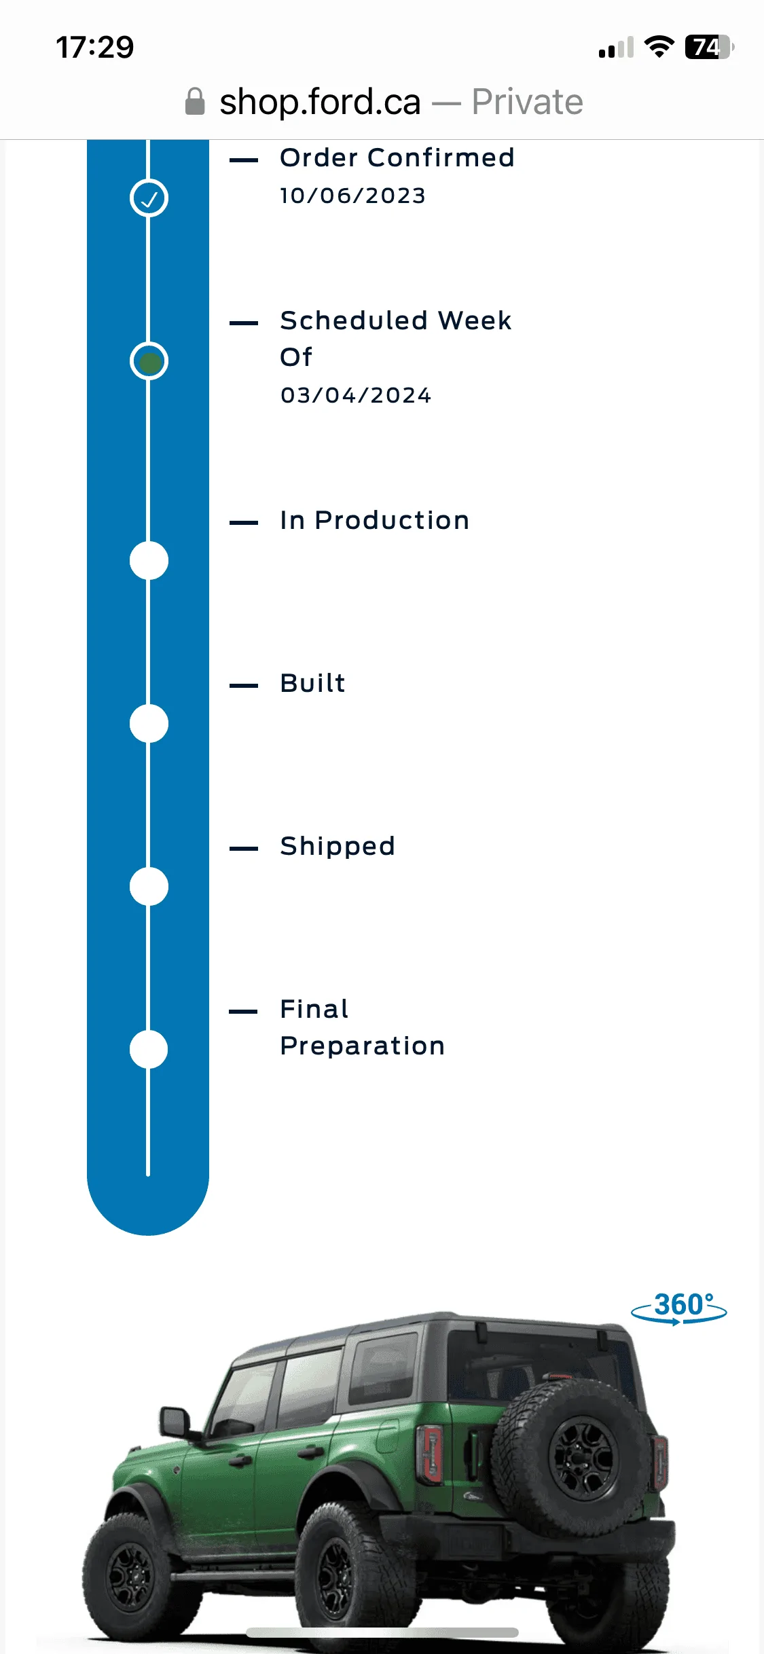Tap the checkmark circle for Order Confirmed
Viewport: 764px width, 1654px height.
[x=149, y=198]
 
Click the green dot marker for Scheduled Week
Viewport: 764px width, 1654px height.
[x=149, y=361]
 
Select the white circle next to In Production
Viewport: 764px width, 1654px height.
[x=149, y=561]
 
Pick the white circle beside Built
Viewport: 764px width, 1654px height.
[x=149, y=724]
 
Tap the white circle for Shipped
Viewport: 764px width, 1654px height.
[x=149, y=887]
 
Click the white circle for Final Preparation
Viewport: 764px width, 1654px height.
[x=149, y=1050]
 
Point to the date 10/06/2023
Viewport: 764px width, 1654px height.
[x=352, y=196]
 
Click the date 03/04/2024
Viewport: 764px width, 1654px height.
[x=356, y=395]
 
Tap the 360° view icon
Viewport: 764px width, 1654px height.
[x=679, y=1308]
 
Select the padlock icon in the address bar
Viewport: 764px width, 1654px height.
[x=195, y=102]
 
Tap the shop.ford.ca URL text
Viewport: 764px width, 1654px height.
[x=320, y=102]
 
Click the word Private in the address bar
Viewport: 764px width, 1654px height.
[x=528, y=102]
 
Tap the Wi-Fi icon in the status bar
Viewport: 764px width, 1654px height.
[x=659, y=47]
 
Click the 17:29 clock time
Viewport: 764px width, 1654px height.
[x=95, y=48]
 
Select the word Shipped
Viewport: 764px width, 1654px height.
[x=338, y=847]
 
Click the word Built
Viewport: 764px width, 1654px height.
[x=313, y=683]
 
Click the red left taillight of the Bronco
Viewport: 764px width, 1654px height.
[x=430, y=1452]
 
